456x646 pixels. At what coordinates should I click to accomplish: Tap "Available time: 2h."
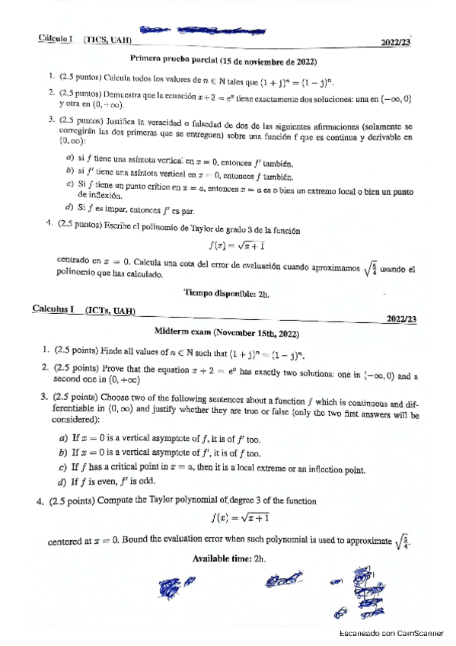[228, 558]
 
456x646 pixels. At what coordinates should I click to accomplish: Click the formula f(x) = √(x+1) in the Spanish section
[237, 245]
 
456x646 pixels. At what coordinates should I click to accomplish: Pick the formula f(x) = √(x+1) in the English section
[237, 518]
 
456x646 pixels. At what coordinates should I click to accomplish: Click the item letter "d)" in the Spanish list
[69, 206]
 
